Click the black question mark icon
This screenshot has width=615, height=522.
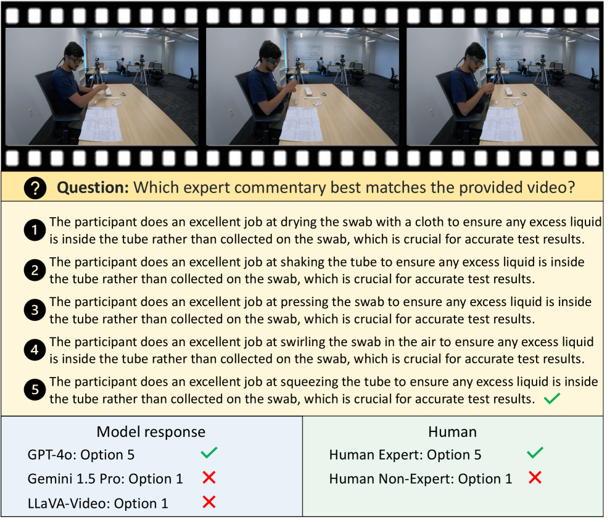coord(35,188)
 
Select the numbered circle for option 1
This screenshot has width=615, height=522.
coord(35,230)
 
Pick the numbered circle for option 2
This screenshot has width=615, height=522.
coord(35,270)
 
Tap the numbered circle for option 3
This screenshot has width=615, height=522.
coord(35,310)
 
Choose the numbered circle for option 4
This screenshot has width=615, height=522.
coord(35,350)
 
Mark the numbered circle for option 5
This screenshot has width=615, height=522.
coord(35,390)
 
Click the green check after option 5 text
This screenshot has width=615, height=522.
coord(552,399)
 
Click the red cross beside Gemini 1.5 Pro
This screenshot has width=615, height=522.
coord(209,478)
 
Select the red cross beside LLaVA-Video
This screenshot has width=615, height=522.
coord(209,502)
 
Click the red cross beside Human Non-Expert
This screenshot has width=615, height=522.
coord(535,478)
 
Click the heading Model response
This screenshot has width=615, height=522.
coord(151,432)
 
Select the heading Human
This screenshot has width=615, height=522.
coord(452,432)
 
